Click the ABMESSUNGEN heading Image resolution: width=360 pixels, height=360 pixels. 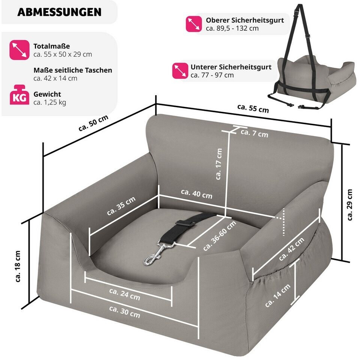click(x=59, y=12)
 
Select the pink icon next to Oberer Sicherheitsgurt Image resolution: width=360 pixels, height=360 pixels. click(x=194, y=24)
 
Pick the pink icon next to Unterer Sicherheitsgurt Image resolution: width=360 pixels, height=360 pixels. click(x=180, y=70)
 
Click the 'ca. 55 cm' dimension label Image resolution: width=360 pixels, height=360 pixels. click(x=253, y=108)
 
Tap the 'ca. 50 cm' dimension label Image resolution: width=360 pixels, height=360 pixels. click(x=93, y=123)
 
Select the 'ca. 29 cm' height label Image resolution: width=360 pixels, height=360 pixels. click(x=349, y=205)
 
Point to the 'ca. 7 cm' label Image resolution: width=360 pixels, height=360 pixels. click(x=254, y=133)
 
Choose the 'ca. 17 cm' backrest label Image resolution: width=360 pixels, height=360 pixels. click(x=219, y=164)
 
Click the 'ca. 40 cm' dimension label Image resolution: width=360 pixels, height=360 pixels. click(x=196, y=194)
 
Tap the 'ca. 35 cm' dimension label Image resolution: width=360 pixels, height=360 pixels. click(x=121, y=206)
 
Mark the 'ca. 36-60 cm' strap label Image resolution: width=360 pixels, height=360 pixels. click(x=219, y=236)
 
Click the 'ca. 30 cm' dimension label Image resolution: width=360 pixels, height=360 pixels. click(x=124, y=312)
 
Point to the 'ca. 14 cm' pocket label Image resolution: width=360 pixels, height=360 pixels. click(x=277, y=295)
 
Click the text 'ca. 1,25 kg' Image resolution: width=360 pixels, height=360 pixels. click(x=49, y=102)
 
